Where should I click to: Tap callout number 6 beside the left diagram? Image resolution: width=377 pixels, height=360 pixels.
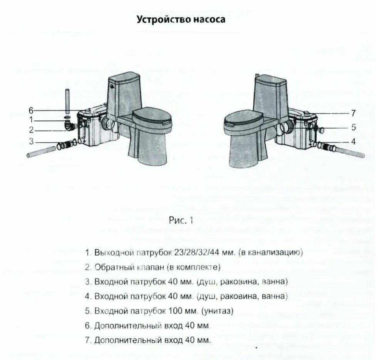tap(31, 111)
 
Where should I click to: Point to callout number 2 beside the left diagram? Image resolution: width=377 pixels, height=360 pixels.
tap(31, 130)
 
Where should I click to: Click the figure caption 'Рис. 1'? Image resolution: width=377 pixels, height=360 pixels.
tap(180, 220)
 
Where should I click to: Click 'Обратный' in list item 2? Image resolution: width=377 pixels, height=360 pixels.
tap(111, 267)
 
